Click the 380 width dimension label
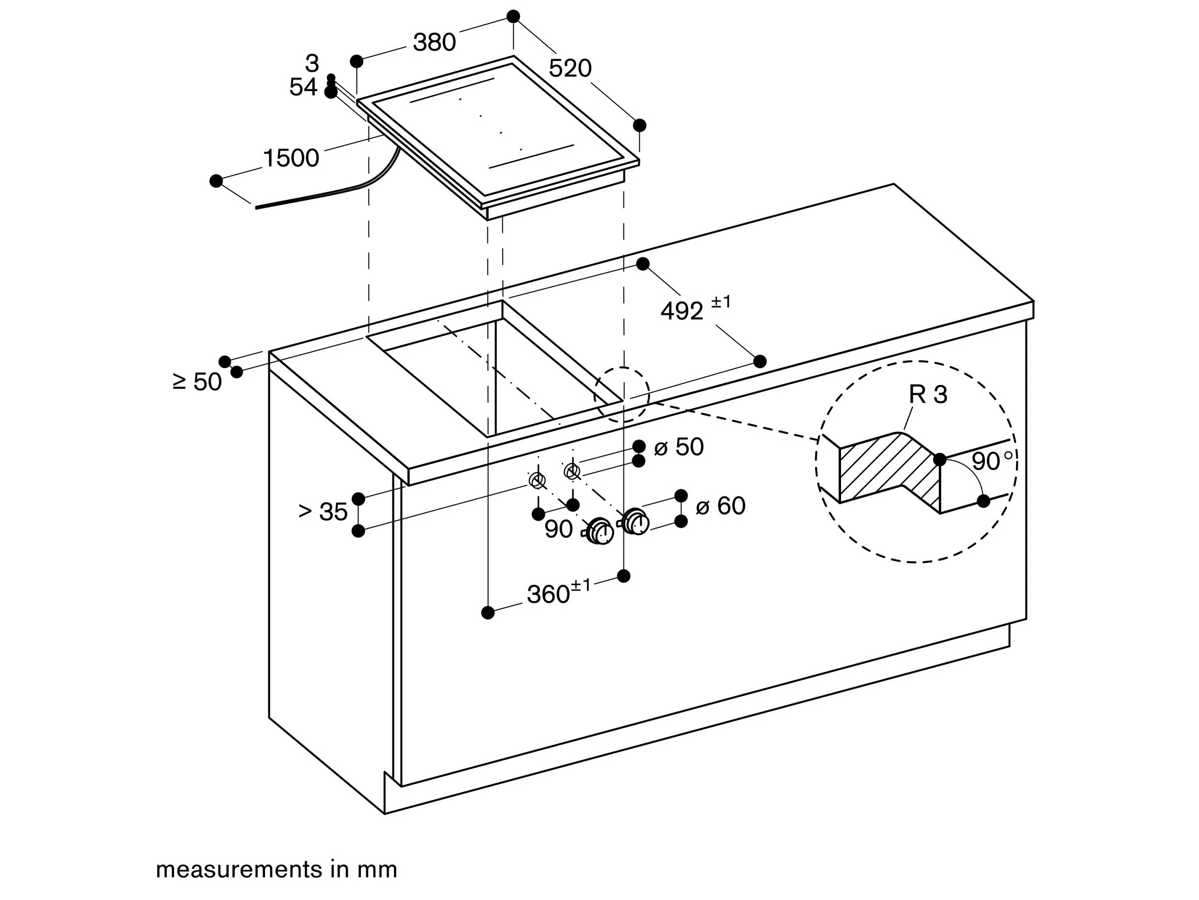click(434, 42)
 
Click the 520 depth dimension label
click(570, 69)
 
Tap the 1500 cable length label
click(291, 158)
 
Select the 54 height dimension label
click(302, 87)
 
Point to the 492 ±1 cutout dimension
click(694, 309)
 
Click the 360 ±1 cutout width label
click(558, 593)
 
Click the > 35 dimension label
click(323, 512)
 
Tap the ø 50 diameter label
click(679, 447)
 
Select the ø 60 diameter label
click(720, 506)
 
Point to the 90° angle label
click(991, 462)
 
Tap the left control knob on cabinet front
click(599, 532)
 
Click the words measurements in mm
click(277, 870)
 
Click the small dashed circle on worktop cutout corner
click(622, 394)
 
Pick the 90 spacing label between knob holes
click(558, 529)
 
